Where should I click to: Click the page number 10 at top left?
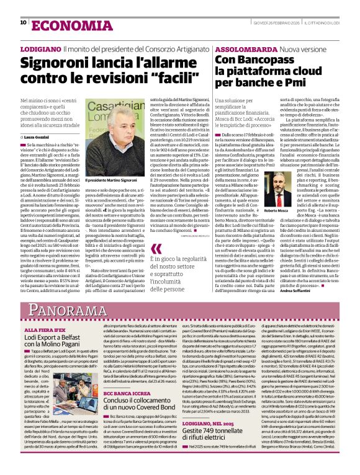point(24,22)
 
